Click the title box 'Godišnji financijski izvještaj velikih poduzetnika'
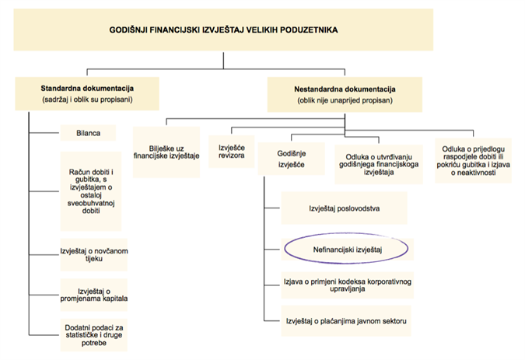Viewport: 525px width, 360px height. pos(224,30)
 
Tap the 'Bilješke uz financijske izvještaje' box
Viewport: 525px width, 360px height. pos(166,152)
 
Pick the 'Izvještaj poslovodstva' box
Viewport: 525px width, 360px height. pos(342,208)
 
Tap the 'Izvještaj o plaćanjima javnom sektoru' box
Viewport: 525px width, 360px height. pos(348,320)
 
